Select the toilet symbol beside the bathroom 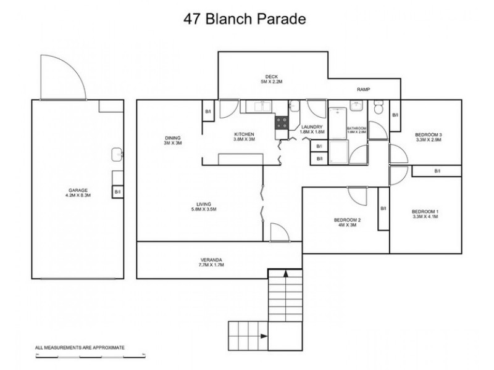point(379,110)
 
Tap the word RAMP point(363,90)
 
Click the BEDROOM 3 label point(428,134)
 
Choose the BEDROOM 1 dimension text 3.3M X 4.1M point(425,217)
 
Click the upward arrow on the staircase point(286,274)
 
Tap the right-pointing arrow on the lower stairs point(264,336)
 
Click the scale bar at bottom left point(90,356)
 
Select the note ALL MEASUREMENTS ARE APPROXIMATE point(80,348)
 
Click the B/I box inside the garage point(117,192)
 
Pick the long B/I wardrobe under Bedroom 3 point(437,171)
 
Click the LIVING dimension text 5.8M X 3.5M point(203,210)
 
